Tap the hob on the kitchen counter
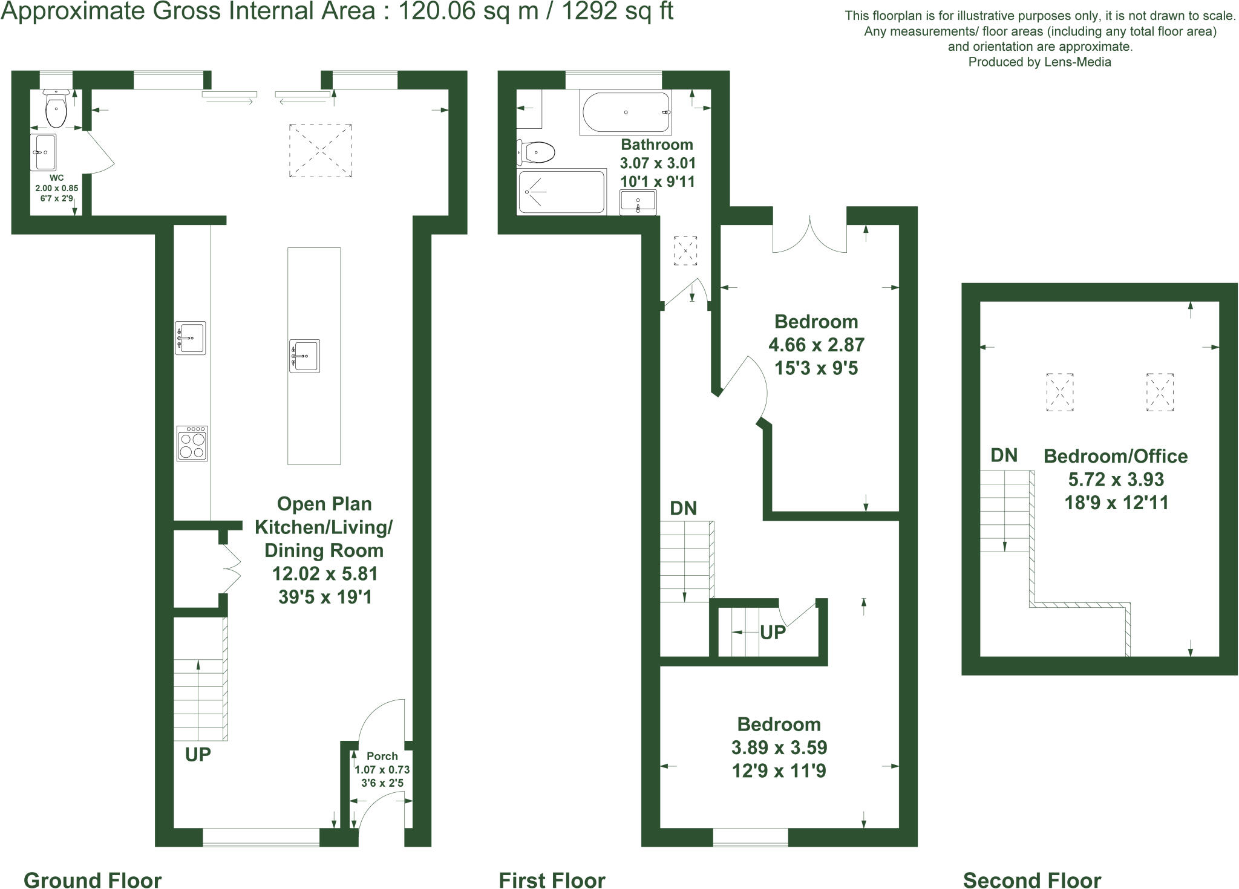pyautogui.click(x=192, y=443)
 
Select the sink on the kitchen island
pyautogui.click(x=304, y=356)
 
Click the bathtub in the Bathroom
pyautogui.click(x=626, y=112)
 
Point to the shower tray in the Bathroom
pyautogui.click(x=561, y=192)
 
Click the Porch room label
pyautogui.click(x=382, y=756)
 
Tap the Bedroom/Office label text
pyautogui.click(x=1116, y=456)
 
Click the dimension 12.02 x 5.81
pyautogui.click(x=325, y=573)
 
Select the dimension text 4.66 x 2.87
pyautogui.click(x=816, y=345)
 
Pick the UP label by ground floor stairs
pyautogui.click(x=198, y=754)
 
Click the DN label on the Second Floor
pyautogui.click(x=1004, y=455)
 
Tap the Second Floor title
pyautogui.click(x=1031, y=880)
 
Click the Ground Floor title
pyautogui.click(x=93, y=880)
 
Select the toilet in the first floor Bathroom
pyautogui.click(x=537, y=152)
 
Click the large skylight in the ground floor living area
pyautogui.click(x=320, y=151)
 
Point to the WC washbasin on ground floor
pyautogui.click(x=44, y=152)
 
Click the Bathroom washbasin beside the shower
pyautogui.click(x=638, y=202)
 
